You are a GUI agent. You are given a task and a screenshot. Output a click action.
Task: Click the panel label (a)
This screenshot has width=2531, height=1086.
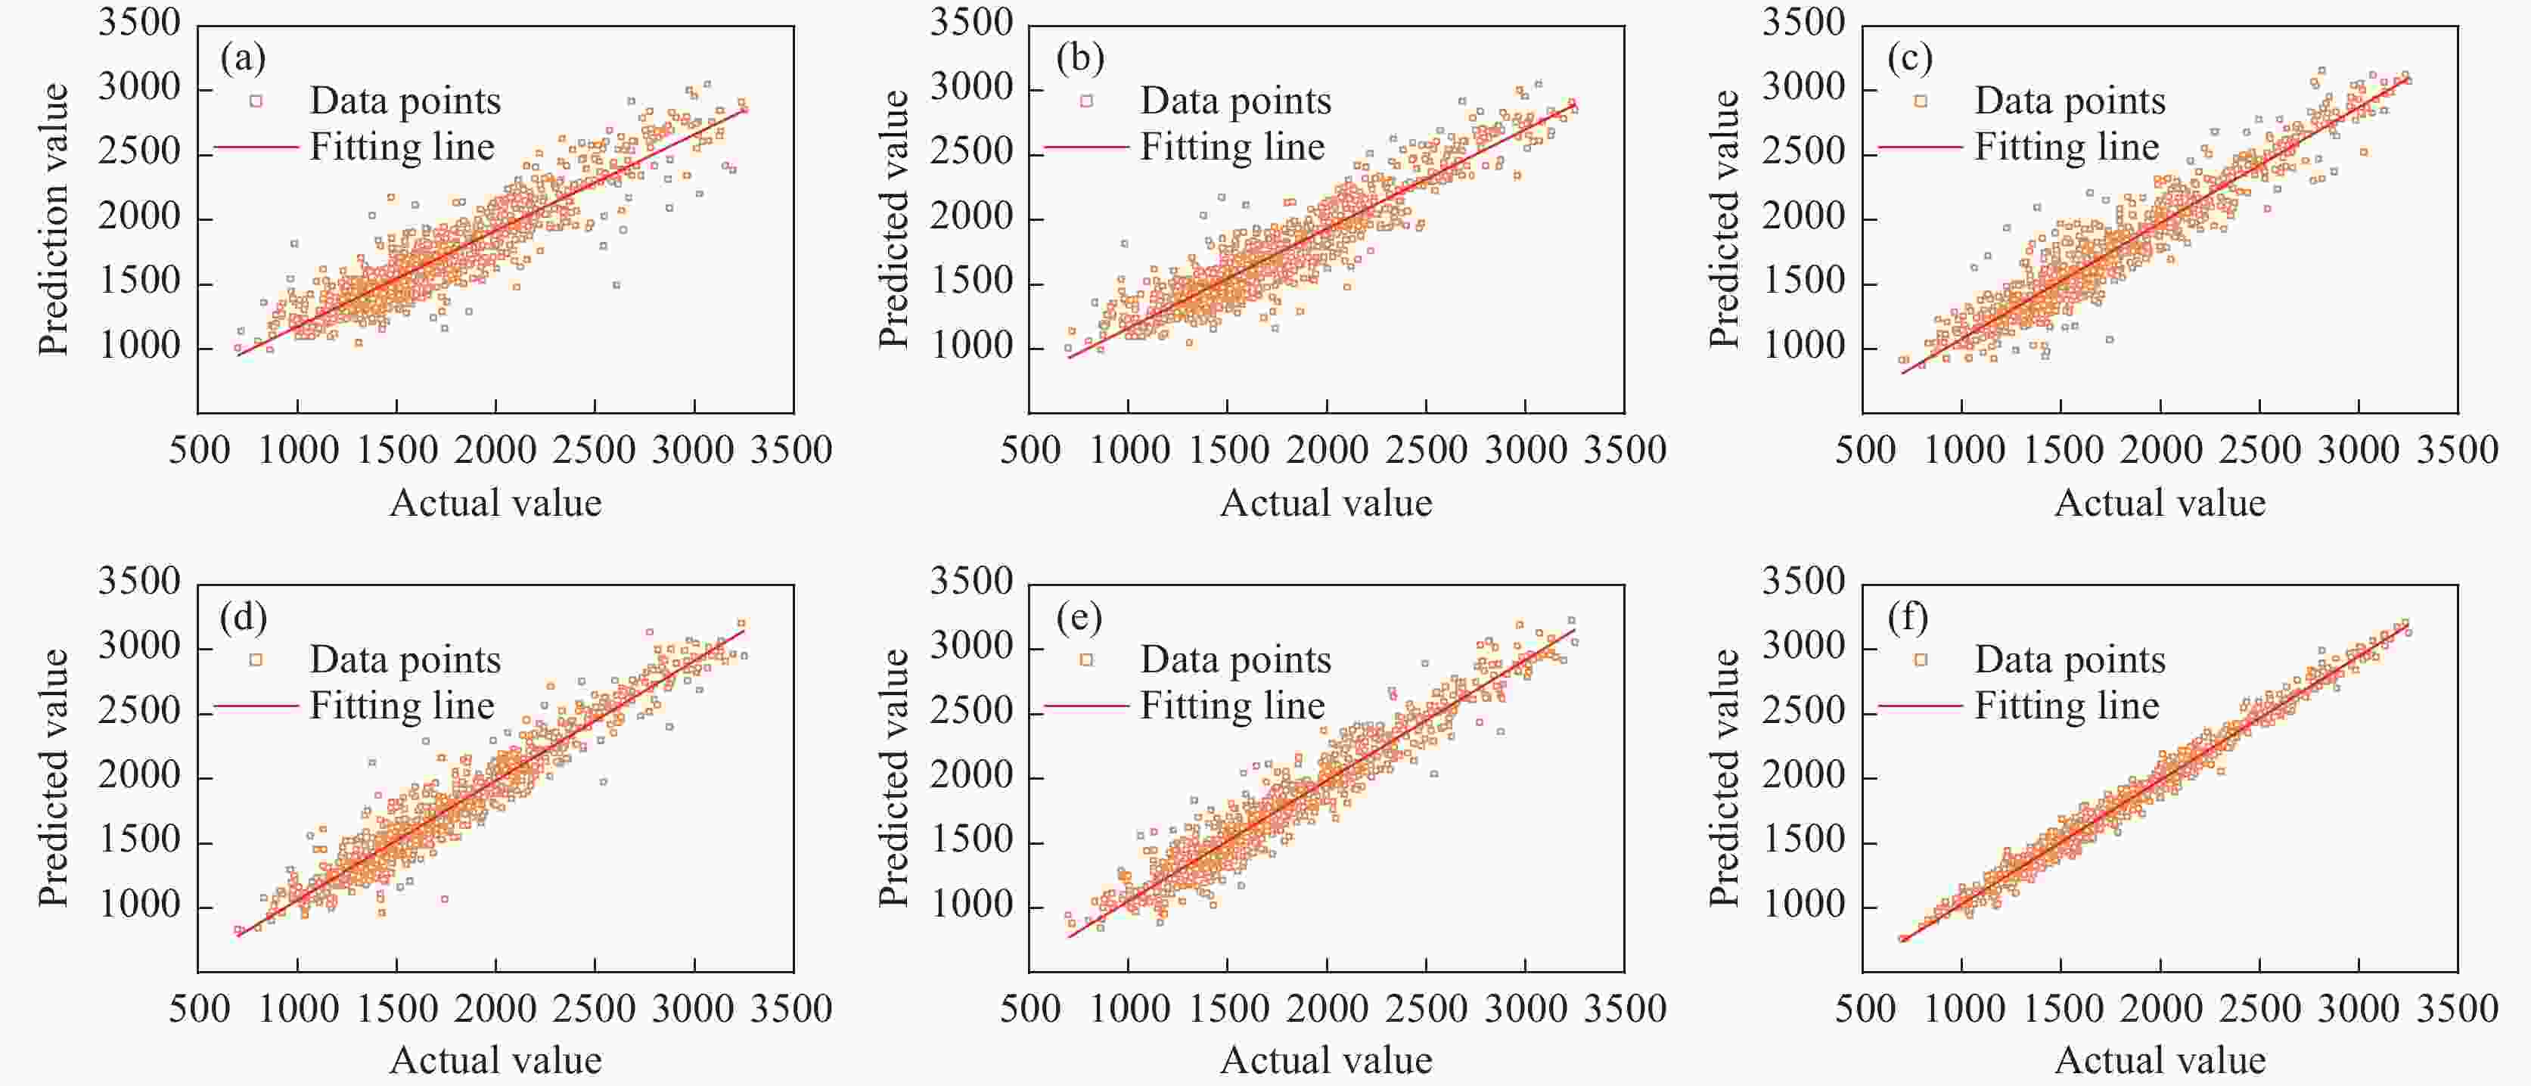[243, 59]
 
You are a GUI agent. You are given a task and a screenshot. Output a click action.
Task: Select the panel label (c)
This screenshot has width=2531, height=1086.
[1910, 59]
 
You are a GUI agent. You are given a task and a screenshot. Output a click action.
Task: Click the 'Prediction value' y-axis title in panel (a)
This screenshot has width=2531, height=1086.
[54, 218]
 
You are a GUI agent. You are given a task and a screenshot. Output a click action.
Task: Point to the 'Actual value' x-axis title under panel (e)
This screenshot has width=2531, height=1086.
[1325, 1060]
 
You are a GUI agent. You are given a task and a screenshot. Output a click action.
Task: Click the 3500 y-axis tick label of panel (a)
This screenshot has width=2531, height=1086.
[139, 23]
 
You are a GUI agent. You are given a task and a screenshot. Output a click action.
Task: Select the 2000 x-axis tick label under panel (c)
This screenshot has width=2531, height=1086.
[2160, 450]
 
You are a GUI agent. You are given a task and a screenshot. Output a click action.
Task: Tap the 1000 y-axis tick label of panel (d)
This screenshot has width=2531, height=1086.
[139, 905]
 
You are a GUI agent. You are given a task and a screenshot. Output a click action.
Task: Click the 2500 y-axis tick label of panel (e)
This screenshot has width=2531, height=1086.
[970, 711]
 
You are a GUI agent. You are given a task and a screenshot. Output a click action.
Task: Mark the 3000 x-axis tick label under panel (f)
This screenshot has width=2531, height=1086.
[2358, 1008]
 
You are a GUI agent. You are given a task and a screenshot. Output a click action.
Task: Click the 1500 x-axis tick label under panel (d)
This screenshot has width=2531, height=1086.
[397, 1008]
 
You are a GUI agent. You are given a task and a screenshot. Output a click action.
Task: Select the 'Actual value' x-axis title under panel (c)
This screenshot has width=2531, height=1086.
[2160, 503]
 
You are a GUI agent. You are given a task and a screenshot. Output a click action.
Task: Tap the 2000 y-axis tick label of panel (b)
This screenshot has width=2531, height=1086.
[970, 217]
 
